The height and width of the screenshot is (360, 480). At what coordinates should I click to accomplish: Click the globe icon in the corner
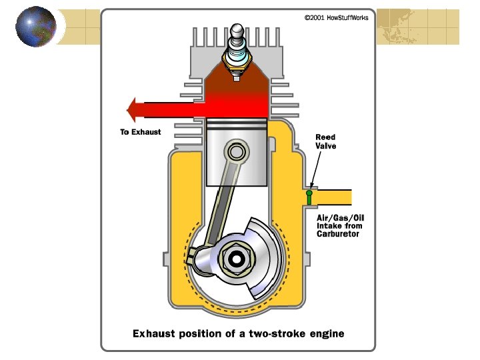(x=35, y=27)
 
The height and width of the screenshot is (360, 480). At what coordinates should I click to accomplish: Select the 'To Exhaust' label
(x=141, y=132)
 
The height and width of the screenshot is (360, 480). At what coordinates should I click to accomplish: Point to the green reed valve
(x=309, y=197)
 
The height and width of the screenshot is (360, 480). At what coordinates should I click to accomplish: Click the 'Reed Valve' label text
(x=325, y=141)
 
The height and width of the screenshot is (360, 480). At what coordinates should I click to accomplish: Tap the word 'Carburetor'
(x=338, y=235)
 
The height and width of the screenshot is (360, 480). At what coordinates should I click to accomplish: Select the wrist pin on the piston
(x=235, y=153)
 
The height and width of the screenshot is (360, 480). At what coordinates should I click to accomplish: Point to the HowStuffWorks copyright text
(x=336, y=17)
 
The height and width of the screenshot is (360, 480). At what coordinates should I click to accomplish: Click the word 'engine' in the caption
(x=327, y=333)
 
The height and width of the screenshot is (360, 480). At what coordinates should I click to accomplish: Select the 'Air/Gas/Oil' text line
(x=341, y=217)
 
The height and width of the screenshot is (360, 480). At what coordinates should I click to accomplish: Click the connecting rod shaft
(x=219, y=199)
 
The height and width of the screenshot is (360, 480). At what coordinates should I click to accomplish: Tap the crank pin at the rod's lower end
(x=198, y=254)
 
